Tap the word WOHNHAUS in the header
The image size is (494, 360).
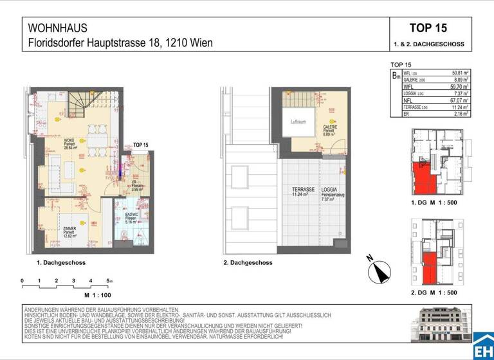coord(58,28)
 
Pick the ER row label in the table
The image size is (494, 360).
coord(406,113)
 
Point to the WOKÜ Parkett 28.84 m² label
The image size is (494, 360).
coord(69,143)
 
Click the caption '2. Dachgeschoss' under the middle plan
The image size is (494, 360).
coord(248,263)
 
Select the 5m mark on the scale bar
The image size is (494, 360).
coord(109,281)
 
